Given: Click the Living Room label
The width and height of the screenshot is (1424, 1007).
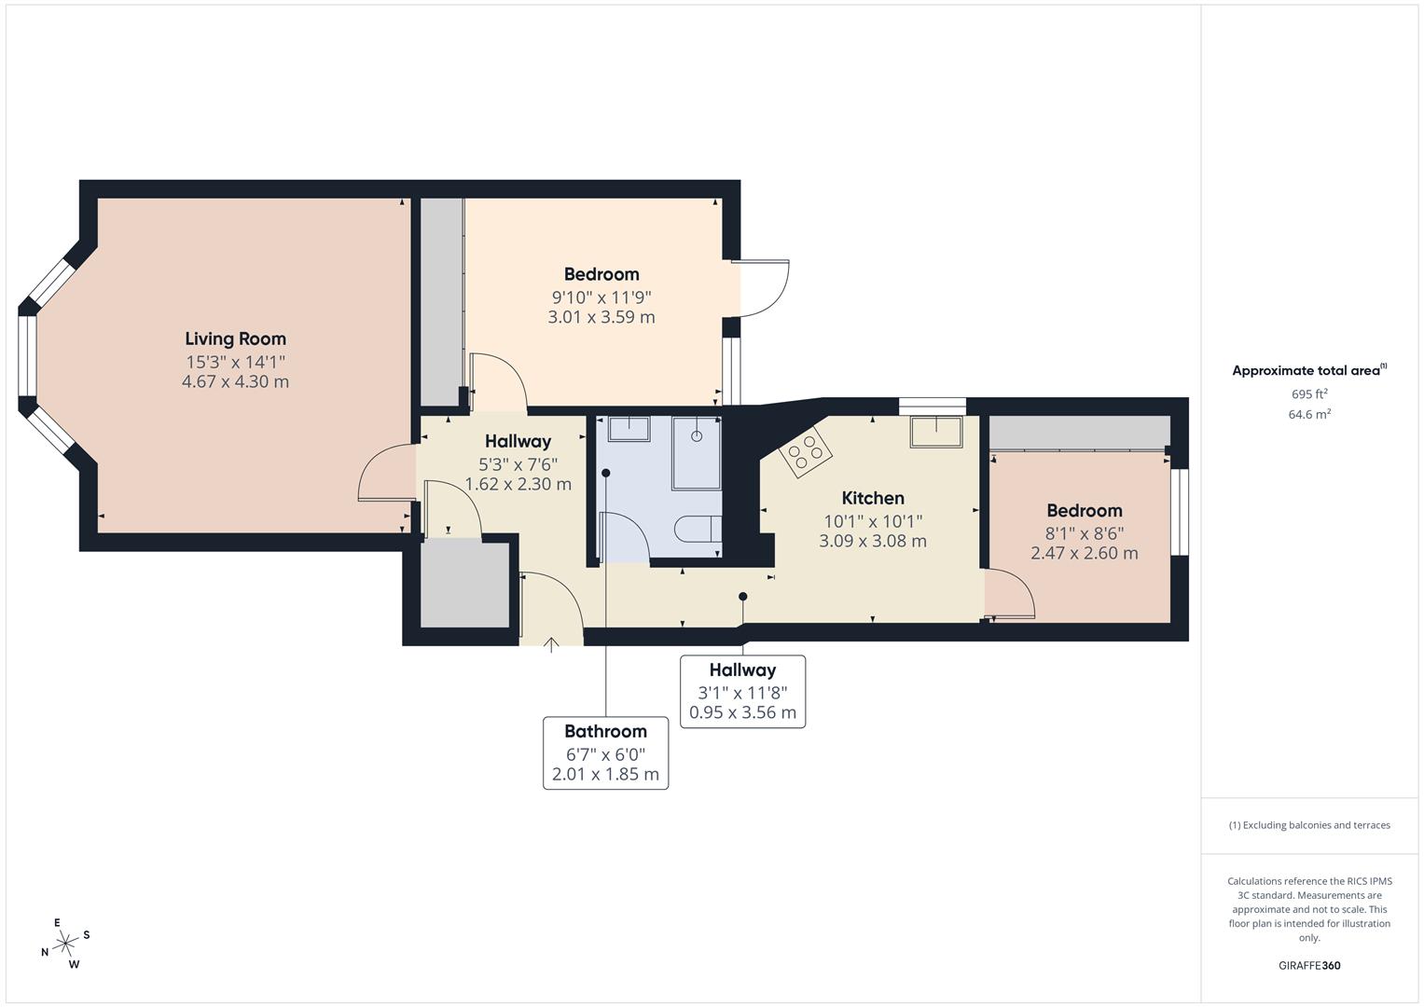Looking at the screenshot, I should [x=235, y=339].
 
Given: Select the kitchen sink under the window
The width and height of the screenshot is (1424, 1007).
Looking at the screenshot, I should [x=936, y=432].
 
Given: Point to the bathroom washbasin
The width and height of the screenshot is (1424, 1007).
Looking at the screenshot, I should [x=629, y=429].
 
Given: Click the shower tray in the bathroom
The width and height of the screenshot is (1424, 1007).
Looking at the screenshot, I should [x=697, y=452].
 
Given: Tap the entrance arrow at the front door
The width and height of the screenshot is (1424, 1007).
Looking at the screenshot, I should [x=551, y=644].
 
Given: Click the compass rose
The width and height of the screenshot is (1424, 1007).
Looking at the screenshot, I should [x=64, y=944].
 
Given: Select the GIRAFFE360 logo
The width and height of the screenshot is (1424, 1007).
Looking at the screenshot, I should [x=1308, y=965].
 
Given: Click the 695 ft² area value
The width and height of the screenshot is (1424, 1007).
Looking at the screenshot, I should [x=1308, y=394].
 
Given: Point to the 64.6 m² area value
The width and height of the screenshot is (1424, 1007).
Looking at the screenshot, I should [x=1308, y=414].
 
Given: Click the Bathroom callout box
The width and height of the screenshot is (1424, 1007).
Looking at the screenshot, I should [x=605, y=752].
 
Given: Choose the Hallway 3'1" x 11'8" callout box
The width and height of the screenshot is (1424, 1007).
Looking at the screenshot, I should [x=742, y=691].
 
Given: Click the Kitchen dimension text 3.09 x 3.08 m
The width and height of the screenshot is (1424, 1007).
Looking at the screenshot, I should [x=872, y=541].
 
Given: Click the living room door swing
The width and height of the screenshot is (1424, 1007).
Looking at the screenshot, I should [x=385, y=474].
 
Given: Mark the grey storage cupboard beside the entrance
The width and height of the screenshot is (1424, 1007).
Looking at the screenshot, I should [x=464, y=585].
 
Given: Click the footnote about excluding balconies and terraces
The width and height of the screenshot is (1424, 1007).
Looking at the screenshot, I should [x=1308, y=825].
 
